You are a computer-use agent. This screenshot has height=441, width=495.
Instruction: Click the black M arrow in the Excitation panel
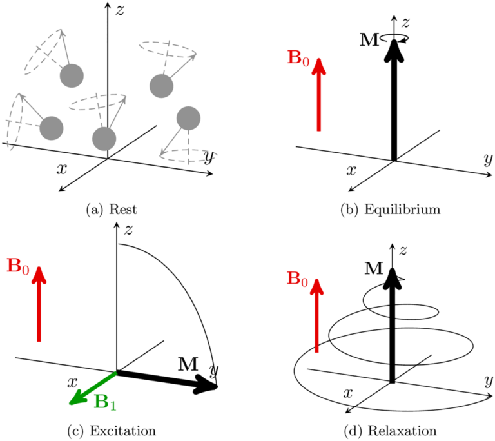click(x=168, y=380)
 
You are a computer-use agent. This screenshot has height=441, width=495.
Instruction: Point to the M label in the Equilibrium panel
click(x=370, y=41)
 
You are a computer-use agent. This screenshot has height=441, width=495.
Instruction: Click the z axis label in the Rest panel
click(x=119, y=9)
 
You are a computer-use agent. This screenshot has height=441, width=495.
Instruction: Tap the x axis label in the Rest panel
click(x=63, y=168)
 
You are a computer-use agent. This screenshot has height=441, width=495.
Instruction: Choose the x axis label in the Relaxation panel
click(x=349, y=392)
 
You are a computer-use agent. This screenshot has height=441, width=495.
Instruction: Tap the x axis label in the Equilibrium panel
click(x=352, y=171)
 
